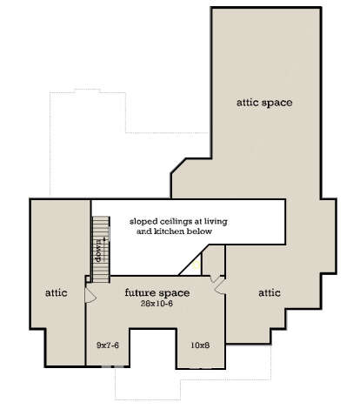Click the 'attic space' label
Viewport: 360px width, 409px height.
point(263,102)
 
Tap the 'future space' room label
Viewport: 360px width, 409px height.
point(157,292)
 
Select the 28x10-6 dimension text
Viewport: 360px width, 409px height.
point(157,304)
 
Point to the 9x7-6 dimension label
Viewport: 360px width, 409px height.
point(107,345)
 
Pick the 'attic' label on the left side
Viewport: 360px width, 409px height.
point(57,293)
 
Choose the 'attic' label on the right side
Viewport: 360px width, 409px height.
point(269,293)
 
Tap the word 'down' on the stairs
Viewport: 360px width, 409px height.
point(99,255)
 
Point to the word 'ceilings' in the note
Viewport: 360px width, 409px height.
point(180,221)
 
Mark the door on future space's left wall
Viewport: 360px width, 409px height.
point(90,295)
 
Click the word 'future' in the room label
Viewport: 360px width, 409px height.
point(140,292)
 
